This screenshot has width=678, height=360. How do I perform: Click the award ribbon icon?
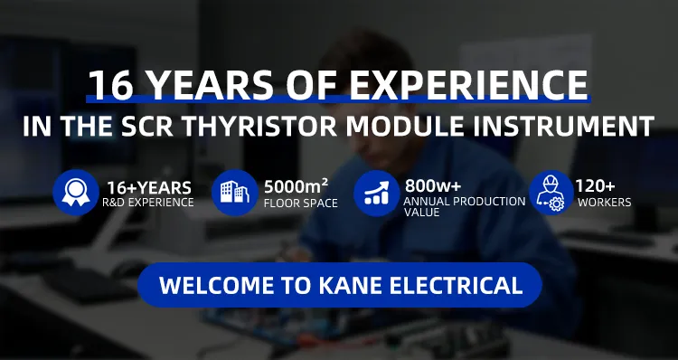pyautogui.click(x=75, y=193)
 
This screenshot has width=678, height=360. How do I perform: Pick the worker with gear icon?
pyautogui.click(x=551, y=193)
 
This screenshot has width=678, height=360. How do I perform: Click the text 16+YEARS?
pyautogui.click(x=149, y=187)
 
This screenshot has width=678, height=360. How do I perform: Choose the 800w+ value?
pyautogui.click(x=432, y=186)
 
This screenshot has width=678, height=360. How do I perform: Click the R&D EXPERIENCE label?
pyautogui.click(x=148, y=203)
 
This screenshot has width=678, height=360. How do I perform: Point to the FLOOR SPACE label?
pyautogui.click(x=301, y=203)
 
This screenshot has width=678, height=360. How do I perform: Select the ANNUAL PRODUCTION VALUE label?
pyautogui.click(x=464, y=205)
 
